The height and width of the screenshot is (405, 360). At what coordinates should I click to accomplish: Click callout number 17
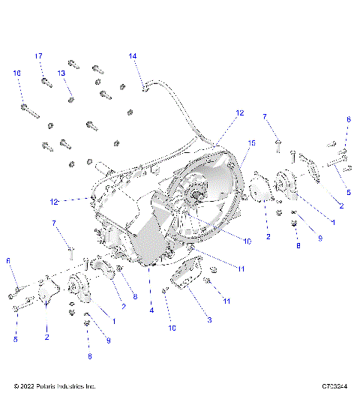tap(38, 56)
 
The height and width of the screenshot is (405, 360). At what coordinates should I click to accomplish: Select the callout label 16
tap(17, 73)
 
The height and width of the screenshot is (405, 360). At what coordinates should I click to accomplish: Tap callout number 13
tap(62, 73)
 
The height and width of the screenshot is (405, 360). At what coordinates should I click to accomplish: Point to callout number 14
tap(133, 56)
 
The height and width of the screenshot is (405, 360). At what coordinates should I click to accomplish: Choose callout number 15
tap(252, 142)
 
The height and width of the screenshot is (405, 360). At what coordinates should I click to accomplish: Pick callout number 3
tap(209, 319)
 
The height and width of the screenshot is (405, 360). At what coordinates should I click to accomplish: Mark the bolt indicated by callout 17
tap(46, 81)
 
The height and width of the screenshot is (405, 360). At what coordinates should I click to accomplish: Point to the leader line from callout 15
tap(244, 157)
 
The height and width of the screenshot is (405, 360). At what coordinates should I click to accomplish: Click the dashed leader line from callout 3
tap(196, 300)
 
